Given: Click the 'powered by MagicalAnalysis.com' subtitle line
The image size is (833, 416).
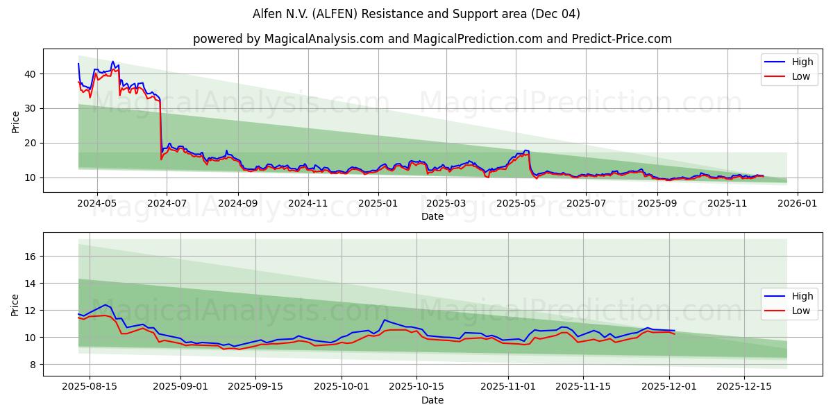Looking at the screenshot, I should (432, 39).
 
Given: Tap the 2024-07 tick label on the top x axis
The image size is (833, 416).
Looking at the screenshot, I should (167, 203).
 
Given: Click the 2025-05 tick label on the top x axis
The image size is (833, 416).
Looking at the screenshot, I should (516, 203).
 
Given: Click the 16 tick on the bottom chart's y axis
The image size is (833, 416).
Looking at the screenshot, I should (31, 257).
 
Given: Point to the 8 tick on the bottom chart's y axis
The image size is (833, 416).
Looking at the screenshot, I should (34, 365).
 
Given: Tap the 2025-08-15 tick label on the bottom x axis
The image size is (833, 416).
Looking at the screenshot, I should (90, 387).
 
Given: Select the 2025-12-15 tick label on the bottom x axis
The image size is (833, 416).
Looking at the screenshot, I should (743, 387).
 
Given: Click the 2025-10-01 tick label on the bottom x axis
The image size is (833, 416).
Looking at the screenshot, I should (341, 387).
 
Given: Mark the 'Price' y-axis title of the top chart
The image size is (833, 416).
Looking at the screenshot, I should (15, 121).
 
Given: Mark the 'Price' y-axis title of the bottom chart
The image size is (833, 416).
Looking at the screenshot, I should (15, 304).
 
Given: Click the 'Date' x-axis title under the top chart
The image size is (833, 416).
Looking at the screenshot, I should (432, 216).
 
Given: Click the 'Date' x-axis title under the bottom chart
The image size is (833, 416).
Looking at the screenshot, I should (432, 400).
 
